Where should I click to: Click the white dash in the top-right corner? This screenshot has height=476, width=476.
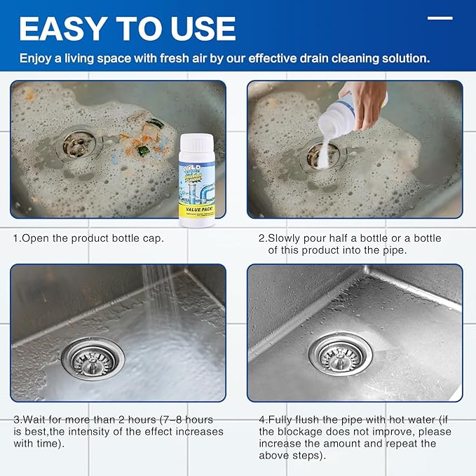coord(440,18)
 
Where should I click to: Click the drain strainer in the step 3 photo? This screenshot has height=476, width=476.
coord(92,358)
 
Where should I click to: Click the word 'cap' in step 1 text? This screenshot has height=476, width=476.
coord(154,238)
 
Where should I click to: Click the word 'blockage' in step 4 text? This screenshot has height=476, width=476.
coord(297,432)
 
